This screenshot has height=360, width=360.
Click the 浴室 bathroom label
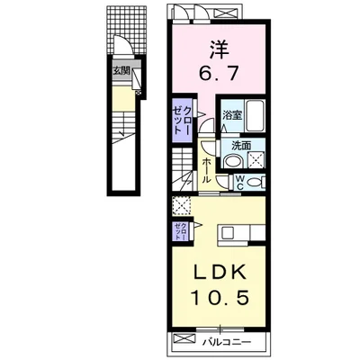tap(231, 113)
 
